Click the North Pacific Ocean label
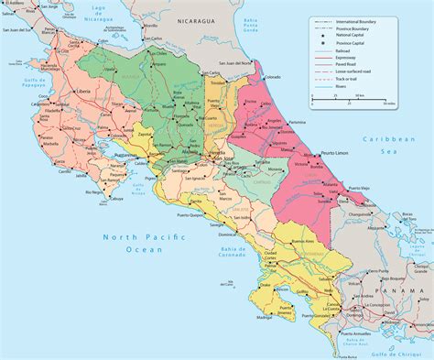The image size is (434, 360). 146,245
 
